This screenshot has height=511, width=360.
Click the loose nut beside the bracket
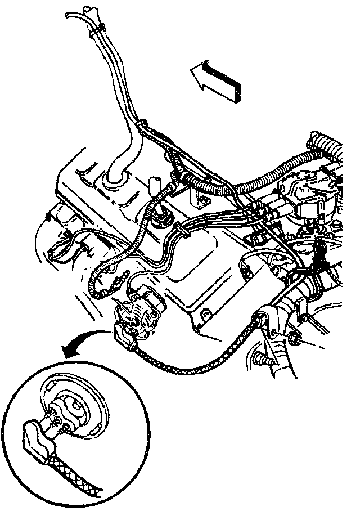tap(295, 339)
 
